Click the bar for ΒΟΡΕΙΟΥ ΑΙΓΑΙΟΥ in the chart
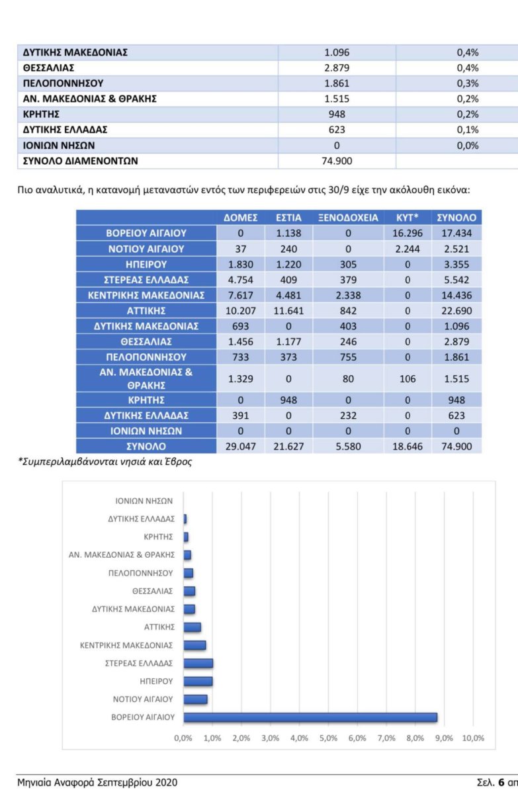(310, 717)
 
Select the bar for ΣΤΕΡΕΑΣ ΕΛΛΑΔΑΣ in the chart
(198, 663)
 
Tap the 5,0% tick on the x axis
(328, 738)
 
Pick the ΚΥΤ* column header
(407, 217)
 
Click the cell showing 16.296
(407, 233)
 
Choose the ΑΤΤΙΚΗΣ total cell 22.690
(456, 310)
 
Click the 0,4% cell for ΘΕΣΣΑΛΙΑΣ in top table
(467, 68)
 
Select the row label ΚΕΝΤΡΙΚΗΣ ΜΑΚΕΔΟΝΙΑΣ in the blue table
(146, 294)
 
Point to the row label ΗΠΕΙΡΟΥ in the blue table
(146, 264)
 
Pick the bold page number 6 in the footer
(501, 781)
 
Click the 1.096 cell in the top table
(337, 52)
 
